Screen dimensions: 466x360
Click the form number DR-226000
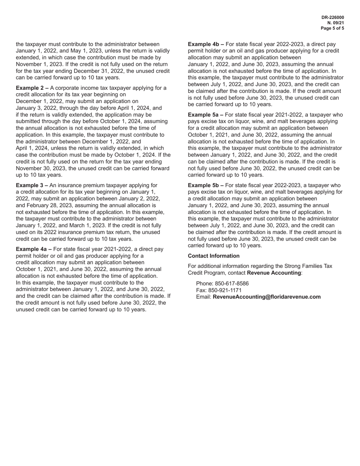click(x=333, y=17)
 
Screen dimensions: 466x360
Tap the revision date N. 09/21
click(x=336, y=23)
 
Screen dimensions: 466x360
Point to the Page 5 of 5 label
click(x=332, y=28)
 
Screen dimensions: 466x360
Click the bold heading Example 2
click(x=32, y=88)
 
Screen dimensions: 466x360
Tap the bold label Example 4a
click(x=34, y=249)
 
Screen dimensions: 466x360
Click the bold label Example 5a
click(x=206, y=115)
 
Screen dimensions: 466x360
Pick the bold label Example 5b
click(x=206, y=185)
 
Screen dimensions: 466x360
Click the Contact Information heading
click(x=214, y=256)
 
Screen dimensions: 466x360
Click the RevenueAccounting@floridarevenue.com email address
click(x=267, y=297)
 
